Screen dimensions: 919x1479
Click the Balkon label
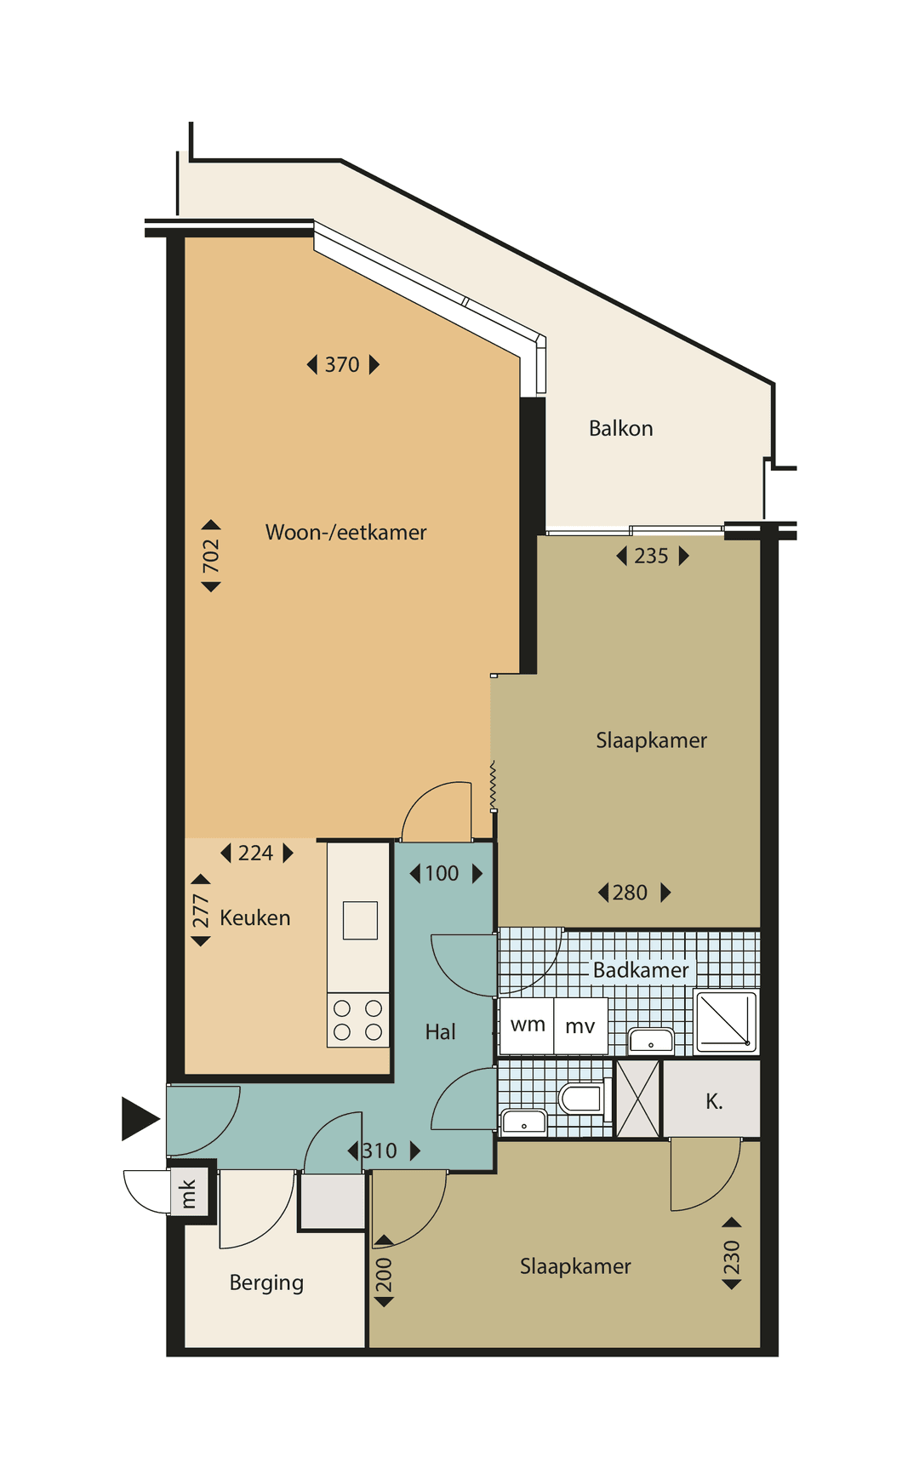(621, 428)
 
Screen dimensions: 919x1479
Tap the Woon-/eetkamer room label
(346, 533)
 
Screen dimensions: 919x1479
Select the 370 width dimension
(343, 364)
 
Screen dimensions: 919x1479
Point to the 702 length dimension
(211, 556)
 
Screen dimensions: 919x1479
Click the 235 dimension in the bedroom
(652, 556)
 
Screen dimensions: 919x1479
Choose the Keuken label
(255, 917)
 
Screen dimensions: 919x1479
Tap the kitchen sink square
(360, 920)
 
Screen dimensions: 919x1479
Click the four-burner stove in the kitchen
(358, 1019)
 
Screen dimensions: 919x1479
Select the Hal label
(441, 1031)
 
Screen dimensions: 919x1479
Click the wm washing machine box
(528, 1025)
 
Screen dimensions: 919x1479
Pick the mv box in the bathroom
(580, 1025)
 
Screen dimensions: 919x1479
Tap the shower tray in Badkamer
(726, 1021)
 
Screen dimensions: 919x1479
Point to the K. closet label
(714, 1101)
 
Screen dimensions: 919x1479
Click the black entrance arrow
(140, 1118)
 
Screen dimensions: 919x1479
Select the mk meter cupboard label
(188, 1193)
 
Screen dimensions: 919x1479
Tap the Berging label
(266, 1283)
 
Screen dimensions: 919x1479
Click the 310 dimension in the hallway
(384, 1151)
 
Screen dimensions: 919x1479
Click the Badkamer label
(641, 970)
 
